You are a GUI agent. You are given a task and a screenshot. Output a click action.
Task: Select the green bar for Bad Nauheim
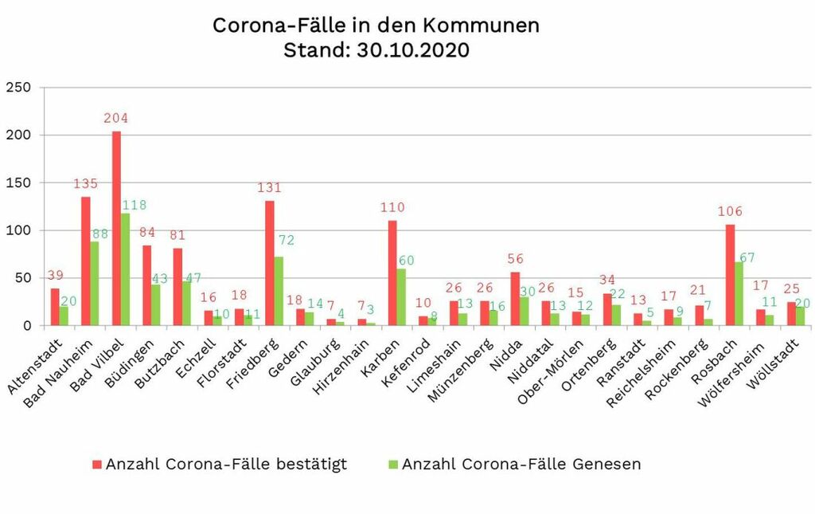[x=95, y=284]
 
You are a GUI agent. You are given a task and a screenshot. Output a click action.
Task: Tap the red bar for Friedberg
[x=270, y=263]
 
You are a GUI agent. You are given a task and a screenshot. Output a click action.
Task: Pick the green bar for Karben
[x=401, y=297]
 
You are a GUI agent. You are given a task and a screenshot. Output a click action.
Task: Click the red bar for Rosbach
[x=730, y=275]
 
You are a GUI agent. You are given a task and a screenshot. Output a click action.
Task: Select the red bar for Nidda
[x=515, y=299]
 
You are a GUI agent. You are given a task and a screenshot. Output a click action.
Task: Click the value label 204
[x=116, y=118]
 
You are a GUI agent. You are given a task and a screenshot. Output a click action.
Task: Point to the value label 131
[x=270, y=188]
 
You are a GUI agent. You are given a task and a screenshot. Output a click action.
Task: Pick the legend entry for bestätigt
[x=225, y=464]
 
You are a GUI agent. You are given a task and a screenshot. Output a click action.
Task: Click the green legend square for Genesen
[x=392, y=465]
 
